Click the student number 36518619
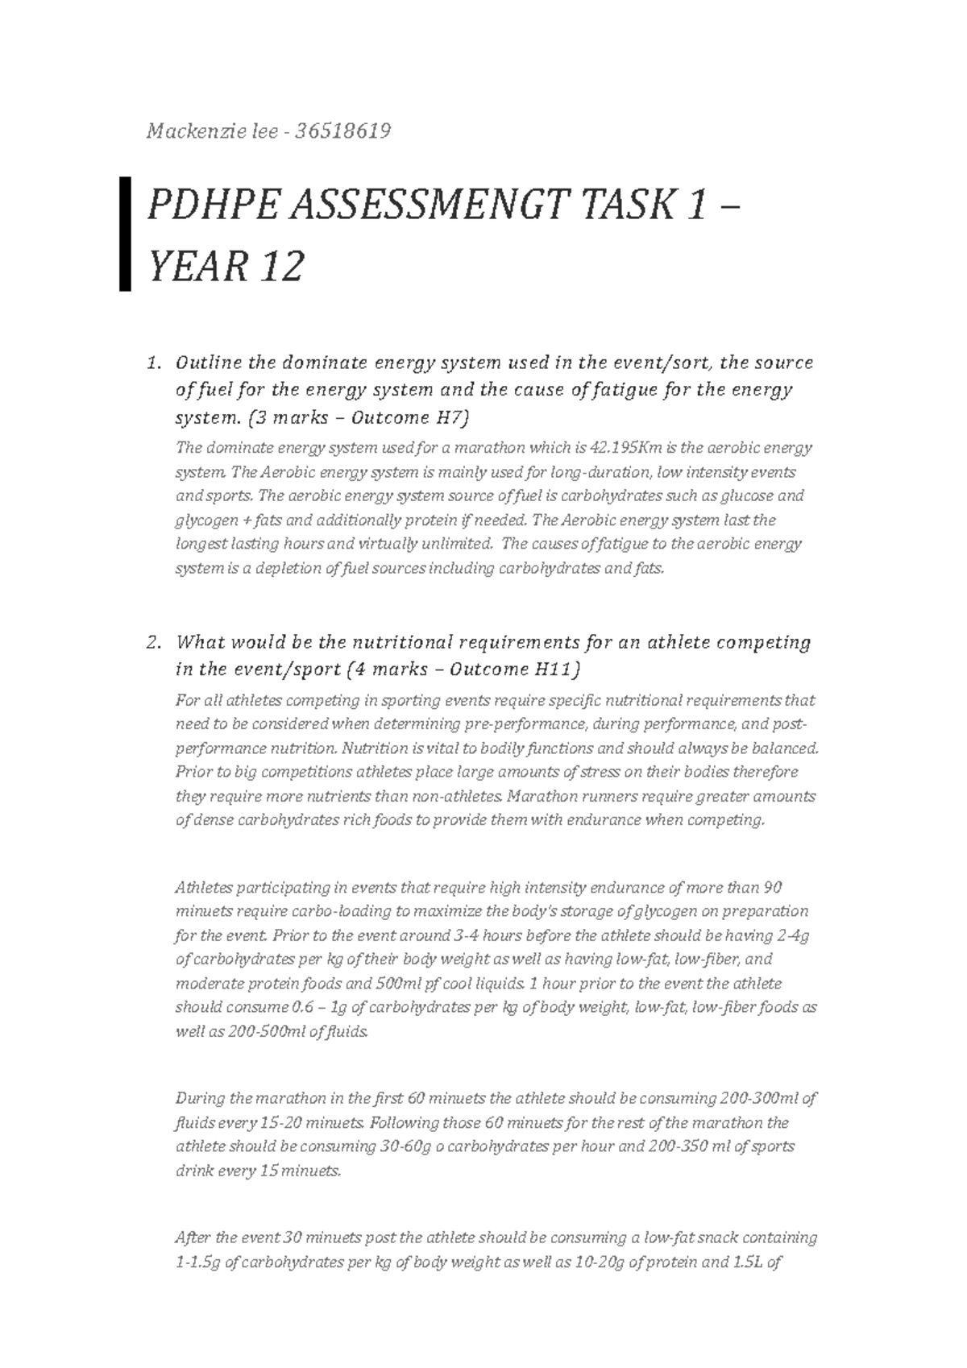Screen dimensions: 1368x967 click(x=343, y=131)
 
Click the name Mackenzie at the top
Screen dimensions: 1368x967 click(x=186, y=131)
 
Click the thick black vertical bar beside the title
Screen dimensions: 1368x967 click(x=125, y=234)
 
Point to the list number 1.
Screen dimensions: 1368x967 click(x=152, y=363)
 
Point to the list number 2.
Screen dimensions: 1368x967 click(x=152, y=643)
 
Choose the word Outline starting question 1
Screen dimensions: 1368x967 click(x=207, y=363)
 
